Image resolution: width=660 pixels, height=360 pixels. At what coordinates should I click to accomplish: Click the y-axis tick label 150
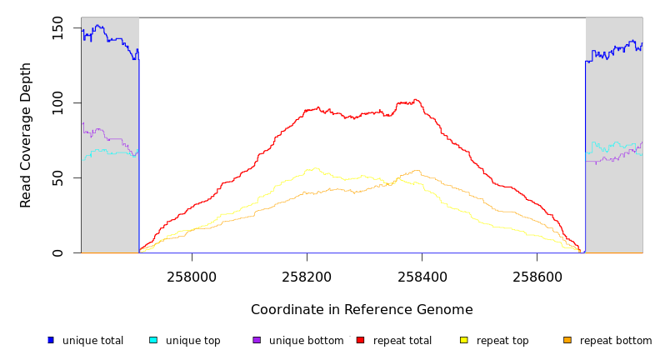[x=57, y=31]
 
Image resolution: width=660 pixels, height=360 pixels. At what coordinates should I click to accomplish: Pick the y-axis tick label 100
[x=57, y=103]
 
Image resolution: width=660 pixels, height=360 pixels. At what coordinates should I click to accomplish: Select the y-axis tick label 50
[x=57, y=178]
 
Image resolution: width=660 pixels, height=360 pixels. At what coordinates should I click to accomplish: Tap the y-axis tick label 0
[x=57, y=253]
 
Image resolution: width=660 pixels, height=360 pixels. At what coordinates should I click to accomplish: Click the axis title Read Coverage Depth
[x=27, y=135]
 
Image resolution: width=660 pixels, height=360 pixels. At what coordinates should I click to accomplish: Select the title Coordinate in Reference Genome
[x=362, y=310]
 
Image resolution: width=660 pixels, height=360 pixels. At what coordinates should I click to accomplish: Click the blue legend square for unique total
[x=51, y=340]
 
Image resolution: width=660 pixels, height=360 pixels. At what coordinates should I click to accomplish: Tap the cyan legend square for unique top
[x=153, y=340]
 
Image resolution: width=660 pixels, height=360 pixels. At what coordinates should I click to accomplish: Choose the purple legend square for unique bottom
[x=257, y=340]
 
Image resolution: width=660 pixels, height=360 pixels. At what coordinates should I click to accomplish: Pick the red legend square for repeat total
[x=360, y=340]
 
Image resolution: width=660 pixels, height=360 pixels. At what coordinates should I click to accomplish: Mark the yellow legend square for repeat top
[x=464, y=340]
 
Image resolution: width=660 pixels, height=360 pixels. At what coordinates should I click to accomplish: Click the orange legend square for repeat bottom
[x=567, y=340]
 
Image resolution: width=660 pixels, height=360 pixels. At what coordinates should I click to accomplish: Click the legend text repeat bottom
[x=616, y=341]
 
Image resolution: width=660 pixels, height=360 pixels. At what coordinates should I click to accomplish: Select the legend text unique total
[x=92, y=341]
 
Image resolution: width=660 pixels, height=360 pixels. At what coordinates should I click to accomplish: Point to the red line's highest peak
[x=415, y=100]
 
